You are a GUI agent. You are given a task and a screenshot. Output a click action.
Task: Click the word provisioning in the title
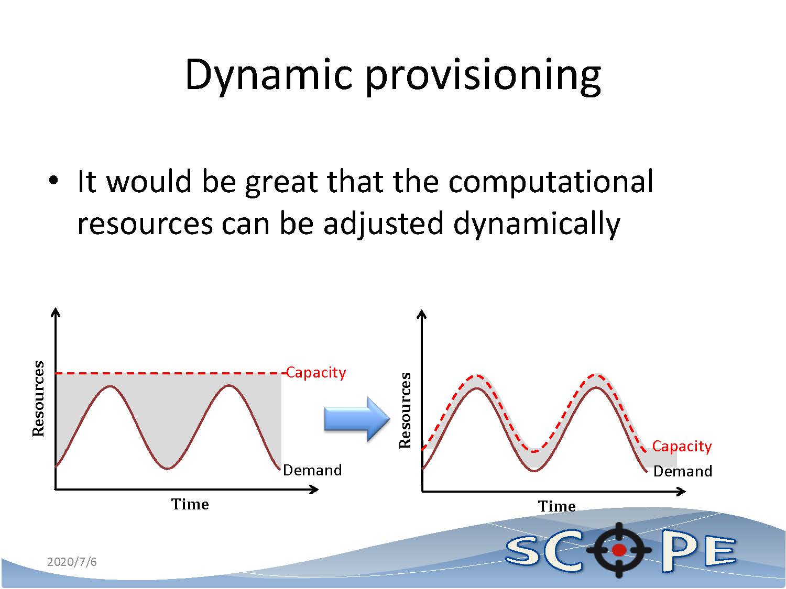(x=484, y=76)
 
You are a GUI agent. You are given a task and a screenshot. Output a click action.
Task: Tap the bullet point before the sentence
(x=53, y=180)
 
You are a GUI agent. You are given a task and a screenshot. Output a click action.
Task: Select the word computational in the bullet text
(x=551, y=182)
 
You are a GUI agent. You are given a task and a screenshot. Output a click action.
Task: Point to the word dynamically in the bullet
(x=537, y=224)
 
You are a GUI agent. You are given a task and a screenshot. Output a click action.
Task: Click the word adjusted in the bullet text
(x=383, y=224)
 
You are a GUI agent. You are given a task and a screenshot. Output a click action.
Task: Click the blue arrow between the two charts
(x=357, y=419)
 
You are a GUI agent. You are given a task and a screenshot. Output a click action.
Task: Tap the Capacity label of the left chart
(x=316, y=373)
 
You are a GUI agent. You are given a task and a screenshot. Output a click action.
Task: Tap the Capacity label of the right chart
(x=682, y=446)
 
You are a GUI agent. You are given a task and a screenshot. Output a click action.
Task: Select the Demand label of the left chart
(x=312, y=470)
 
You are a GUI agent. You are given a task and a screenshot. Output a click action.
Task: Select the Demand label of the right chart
(x=683, y=471)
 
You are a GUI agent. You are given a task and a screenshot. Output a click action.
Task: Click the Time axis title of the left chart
(x=190, y=504)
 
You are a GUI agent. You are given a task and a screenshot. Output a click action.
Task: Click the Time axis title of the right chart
(x=556, y=506)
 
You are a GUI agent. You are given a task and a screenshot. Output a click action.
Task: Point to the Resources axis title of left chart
(x=38, y=398)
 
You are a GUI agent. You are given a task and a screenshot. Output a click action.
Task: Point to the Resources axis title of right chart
(x=405, y=410)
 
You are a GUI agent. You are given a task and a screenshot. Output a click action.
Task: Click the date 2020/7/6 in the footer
(x=72, y=562)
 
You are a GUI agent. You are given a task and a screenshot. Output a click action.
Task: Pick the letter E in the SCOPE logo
(x=720, y=552)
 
